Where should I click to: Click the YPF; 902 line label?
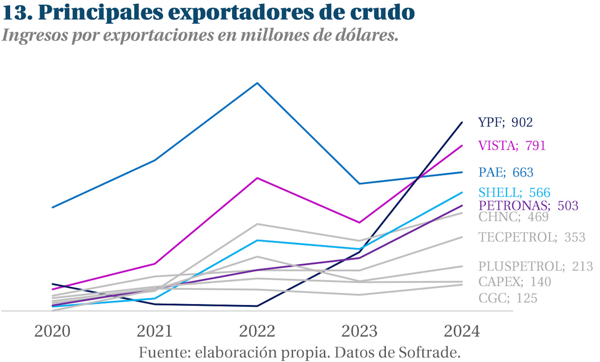tap(505, 123)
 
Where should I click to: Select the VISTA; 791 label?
tap(511, 146)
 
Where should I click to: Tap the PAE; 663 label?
tap(506, 172)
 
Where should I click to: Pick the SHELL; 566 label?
tap(514, 193)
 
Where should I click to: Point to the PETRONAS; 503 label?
tap(528, 206)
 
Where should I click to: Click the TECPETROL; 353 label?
tap(532, 237)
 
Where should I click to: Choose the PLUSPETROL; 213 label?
tap(535, 266)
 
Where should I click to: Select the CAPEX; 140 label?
tap(515, 282)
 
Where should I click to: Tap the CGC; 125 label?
tap(508, 298)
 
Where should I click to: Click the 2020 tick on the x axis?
tap(52, 332)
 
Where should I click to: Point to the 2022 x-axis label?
tap(257, 332)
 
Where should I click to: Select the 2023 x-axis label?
tap(360, 332)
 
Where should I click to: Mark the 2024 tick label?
tap(462, 332)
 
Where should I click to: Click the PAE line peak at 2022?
tap(257, 83)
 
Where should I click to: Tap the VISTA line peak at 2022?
tap(257, 178)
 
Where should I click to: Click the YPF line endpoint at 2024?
tap(462, 123)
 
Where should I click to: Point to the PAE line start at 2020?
tap(52, 207)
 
